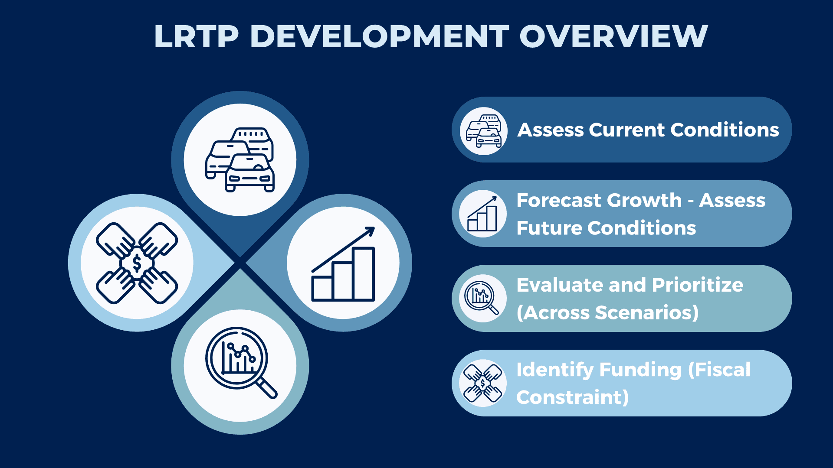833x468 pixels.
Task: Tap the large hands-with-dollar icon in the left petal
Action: point(137,263)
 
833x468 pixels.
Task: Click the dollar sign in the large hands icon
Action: point(137,263)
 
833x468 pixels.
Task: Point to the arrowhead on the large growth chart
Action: point(370,231)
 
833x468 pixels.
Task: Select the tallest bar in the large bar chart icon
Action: point(364,274)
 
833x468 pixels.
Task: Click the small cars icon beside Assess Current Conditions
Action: point(483,131)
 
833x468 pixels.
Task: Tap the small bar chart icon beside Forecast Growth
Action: point(482,214)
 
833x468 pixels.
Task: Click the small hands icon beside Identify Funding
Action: point(482,383)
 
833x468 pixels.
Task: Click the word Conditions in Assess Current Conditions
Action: point(725,130)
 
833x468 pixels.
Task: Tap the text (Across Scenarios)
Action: point(607,313)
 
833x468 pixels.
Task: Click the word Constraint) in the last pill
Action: point(572,397)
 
